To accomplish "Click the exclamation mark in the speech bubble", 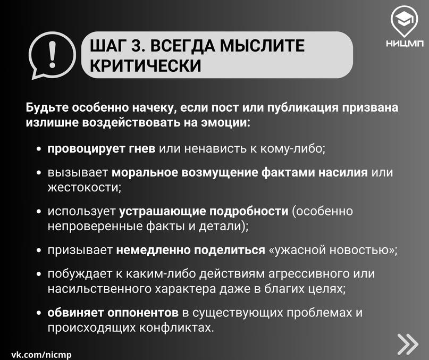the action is click(x=52, y=55).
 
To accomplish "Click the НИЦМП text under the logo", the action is click(x=405, y=44).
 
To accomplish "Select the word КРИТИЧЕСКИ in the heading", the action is click(x=145, y=65).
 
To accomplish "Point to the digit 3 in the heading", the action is click(x=136, y=45).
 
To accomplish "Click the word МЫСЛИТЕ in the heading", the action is click(x=262, y=45).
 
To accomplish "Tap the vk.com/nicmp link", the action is click(x=41, y=355).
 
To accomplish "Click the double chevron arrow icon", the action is click(x=408, y=344).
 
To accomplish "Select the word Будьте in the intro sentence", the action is click(x=47, y=107).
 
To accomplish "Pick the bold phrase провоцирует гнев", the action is click(x=101, y=149).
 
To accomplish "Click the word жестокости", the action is click(x=85, y=188).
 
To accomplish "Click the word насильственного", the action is click(x=99, y=289).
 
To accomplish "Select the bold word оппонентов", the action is click(x=143, y=313).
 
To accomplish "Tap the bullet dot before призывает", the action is click(x=39, y=250).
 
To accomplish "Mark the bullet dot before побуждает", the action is click(x=39, y=274).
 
